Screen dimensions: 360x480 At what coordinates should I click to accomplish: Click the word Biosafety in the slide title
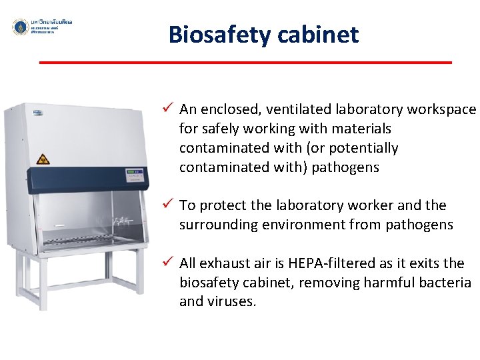(x=215, y=34)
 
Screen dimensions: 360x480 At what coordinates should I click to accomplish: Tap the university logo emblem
(x=20, y=27)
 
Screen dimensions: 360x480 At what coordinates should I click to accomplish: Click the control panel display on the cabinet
(x=137, y=176)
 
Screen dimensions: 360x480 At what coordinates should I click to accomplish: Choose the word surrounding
(x=218, y=225)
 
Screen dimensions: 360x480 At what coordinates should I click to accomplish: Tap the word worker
(x=378, y=205)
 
